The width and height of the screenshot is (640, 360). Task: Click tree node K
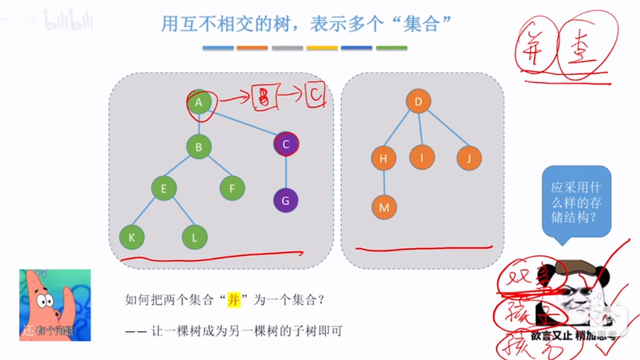pyautogui.click(x=132, y=236)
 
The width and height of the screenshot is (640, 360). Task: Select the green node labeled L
pyautogui.click(x=195, y=236)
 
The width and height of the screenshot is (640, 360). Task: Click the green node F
pyautogui.click(x=232, y=188)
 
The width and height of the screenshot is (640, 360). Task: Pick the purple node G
pyautogui.click(x=285, y=201)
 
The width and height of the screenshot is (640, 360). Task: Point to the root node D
pyautogui.click(x=419, y=101)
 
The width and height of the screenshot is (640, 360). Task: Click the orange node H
pyautogui.click(x=383, y=159)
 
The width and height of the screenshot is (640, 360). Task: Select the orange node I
pyautogui.click(x=422, y=157)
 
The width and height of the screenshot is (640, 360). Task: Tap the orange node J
pyautogui.click(x=468, y=158)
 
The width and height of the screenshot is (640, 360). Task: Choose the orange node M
pyautogui.click(x=384, y=208)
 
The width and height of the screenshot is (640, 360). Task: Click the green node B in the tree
pyautogui.click(x=198, y=147)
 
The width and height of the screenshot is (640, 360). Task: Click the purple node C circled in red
pyautogui.click(x=285, y=144)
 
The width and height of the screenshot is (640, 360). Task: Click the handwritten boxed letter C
pyautogui.click(x=315, y=95)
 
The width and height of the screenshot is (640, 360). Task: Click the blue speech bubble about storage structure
pyautogui.click(x=576, y=202)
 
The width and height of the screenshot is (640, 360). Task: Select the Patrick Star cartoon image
pyautogui.click(x=55, y=305)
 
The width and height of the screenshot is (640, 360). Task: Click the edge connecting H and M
pyautogui.click(x=383, y=183)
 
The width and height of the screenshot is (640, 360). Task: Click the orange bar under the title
pyautogui.click(x=253, y=48)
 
